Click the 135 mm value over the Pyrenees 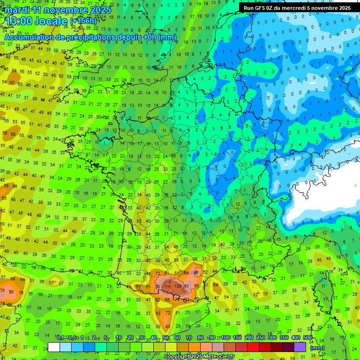(x=178, y=285)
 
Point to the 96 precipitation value (x=196, y=272)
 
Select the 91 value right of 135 (x=186, y=286)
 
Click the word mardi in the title (x=17, y=10)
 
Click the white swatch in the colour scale (x=54, y=347)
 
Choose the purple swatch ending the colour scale (x=300, y=347)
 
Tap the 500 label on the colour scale (x=307, y=338)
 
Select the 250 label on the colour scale (x=261, y=338)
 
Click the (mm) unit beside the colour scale (x=317, y=348)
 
